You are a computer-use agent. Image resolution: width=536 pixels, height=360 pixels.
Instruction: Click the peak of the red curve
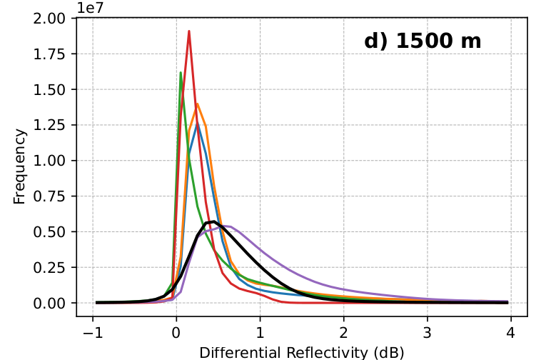coord(189,31)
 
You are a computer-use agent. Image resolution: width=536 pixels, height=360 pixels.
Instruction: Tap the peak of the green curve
coord(181,72)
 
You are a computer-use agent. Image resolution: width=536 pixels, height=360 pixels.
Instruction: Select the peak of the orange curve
coord(197,104)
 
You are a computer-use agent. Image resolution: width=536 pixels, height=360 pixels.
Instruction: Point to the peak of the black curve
coord(213,221)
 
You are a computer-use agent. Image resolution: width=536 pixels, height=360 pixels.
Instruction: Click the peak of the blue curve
coord(198,125)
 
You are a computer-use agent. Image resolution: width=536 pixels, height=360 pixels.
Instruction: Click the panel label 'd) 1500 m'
coord(423,41)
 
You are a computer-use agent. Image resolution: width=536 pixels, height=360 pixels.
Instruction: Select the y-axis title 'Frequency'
coord(19,166)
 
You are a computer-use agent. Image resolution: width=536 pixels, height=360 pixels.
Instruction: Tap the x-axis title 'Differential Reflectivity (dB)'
coord(302,352)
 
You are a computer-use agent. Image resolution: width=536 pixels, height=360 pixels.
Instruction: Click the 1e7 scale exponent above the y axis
coord(91,8)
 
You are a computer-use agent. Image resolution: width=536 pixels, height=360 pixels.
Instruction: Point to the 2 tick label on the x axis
coord(343,332)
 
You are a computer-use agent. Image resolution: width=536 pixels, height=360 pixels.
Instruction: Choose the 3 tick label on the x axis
coord(427,332)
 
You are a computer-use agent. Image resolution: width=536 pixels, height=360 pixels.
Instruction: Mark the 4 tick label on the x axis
coord(511,332)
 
